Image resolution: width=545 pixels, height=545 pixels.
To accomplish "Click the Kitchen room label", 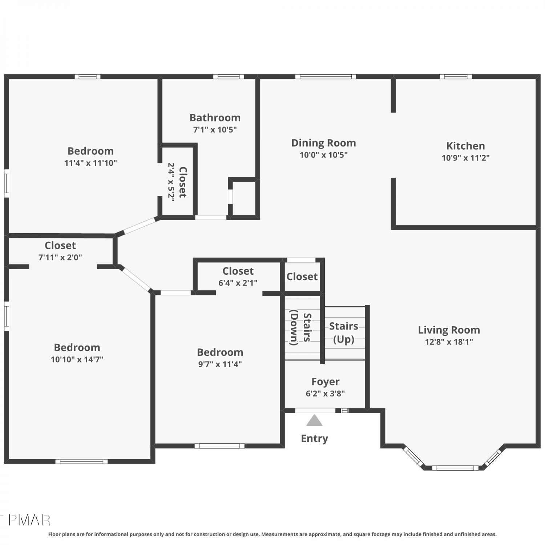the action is (465, 146).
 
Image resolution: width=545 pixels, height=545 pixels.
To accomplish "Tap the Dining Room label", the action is (323, 143).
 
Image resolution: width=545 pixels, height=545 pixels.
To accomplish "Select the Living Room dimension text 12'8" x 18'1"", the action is (449, 342).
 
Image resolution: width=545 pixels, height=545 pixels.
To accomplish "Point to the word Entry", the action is (314, 439).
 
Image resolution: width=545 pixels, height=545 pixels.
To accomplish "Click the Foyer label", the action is (325, 381).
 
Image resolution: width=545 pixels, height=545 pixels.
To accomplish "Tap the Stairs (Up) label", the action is (344, 332).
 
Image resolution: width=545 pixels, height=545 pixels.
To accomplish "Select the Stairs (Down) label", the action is (300, 327).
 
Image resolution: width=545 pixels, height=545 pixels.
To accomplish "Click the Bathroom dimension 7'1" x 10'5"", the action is (215, 129).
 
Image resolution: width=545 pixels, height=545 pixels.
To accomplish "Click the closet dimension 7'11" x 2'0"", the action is (60, 257).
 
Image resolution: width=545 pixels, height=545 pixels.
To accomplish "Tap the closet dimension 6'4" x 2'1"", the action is (238, 283).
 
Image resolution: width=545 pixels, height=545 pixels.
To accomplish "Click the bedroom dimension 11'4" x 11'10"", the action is (90, 163).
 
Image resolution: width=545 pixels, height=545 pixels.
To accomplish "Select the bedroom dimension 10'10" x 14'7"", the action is (77, 359).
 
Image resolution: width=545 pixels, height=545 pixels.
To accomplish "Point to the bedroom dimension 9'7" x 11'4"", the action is (220, 364).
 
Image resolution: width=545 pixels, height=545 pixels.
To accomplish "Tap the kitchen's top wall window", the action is (456, 77).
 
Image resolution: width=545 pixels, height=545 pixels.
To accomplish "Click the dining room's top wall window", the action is (326, 77).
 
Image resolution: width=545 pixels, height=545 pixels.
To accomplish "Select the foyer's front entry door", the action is (315, 411).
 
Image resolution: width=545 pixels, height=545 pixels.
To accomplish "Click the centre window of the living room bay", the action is (455, 468).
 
